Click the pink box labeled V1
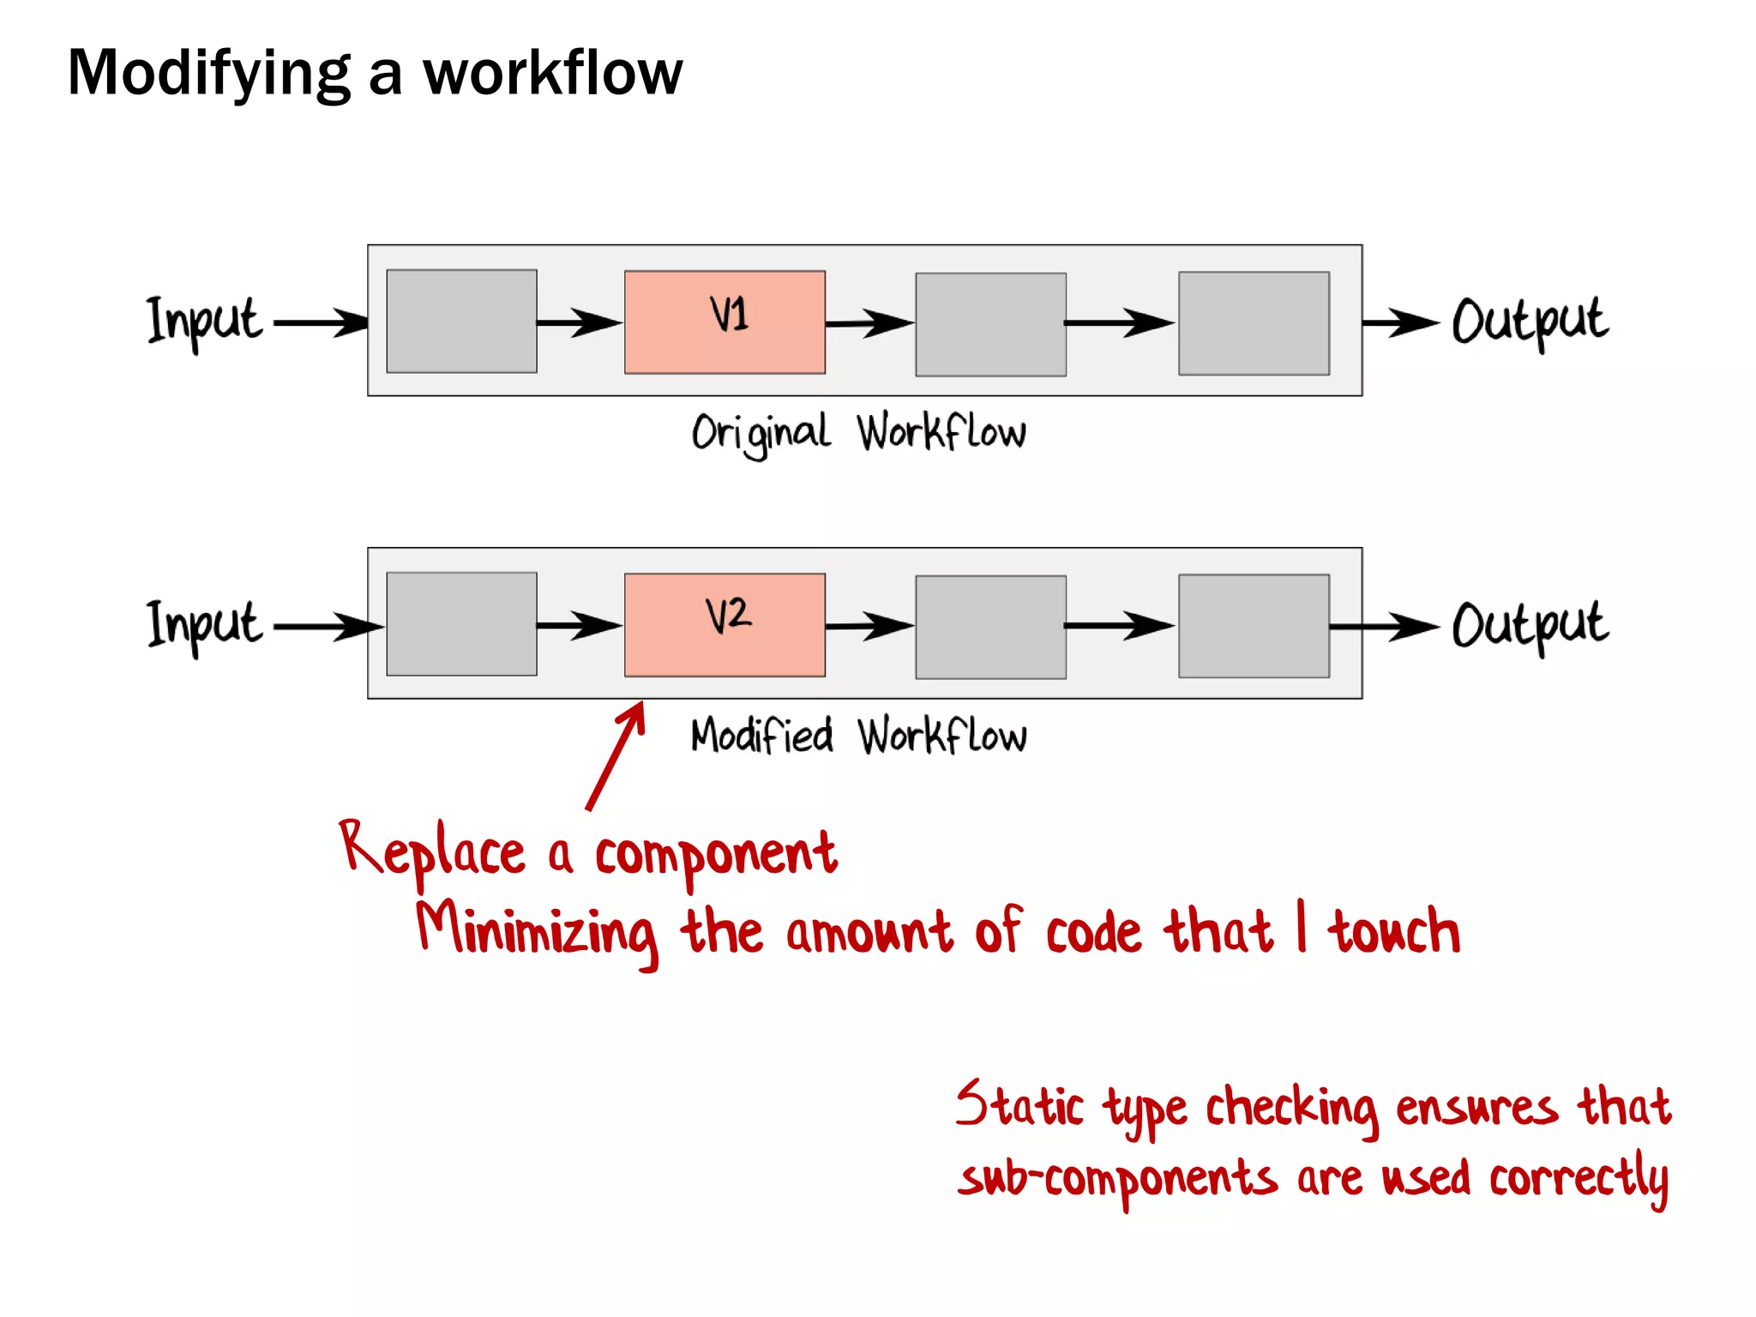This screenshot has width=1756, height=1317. (x=725, y=322)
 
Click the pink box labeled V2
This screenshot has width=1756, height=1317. (x=725, y=624)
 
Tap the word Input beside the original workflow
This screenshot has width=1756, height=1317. (x=204, y=321)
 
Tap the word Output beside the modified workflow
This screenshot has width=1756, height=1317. (x=1530, y=624)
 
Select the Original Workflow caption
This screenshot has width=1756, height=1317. (x=858, y=432)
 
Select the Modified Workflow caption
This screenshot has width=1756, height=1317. (x=858, y=736)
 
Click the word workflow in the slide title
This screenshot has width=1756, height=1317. (x=553, y=73)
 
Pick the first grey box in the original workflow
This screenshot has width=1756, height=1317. (x=461, y=321)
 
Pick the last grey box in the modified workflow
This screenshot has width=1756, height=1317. (x=1254, y=626)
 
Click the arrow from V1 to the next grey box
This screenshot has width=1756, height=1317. (x=869, y=323)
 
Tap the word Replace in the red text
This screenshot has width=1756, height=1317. (x=432, y=851)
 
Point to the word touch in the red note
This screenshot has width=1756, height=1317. (x=1395, y=931)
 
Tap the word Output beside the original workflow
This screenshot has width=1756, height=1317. (x=1530, y=321)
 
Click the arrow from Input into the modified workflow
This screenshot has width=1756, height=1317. (x=328, y=627)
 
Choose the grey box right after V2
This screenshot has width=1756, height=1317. (x=990, y=627)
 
